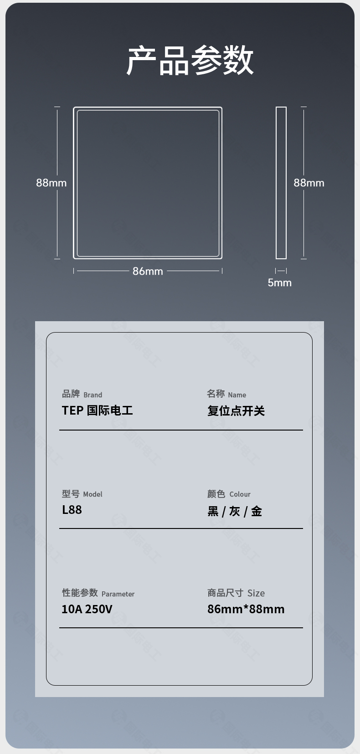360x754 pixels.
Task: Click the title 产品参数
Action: click(x=190, y=61)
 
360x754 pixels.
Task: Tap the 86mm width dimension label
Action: click(x=148, y=271)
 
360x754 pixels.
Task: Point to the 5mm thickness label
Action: click(x=279, y=282)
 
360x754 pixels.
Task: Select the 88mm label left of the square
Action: click(x=51, y=183)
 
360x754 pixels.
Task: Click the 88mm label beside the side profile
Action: click(x=309, y=183)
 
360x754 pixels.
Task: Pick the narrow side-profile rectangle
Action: click(x=281, y=183)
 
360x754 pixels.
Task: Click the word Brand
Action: click(x=93, y=395)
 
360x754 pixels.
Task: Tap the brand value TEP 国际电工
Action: click(x=98, y=410)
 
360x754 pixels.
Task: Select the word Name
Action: click(x=237, y=395)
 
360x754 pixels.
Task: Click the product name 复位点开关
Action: click(x=236, y=410)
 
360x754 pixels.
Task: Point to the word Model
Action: click(x=93, y=494)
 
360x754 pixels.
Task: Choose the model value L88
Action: click(x=72, y=510)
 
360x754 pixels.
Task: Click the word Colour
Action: click(x=240, y=494)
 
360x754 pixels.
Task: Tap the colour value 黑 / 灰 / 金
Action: click(x=235, y=511)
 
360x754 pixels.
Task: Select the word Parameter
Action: click(x=118, y=594)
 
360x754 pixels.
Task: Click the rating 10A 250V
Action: click(x=87, y=609)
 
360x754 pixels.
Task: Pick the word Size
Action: click(x=256, y=593)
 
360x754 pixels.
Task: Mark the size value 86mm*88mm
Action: click(x=246, y=609)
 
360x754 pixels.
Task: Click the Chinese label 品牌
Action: click(x=71, y=394)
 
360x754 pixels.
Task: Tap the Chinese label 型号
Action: click(x=71, y=493)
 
